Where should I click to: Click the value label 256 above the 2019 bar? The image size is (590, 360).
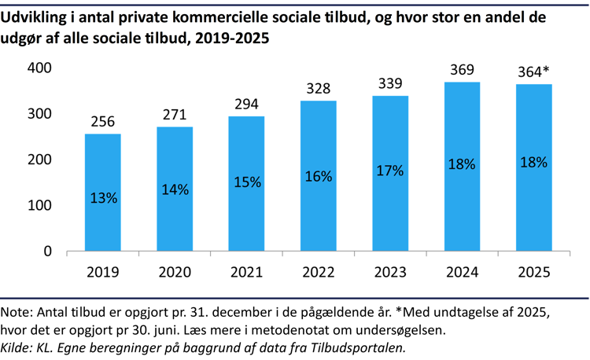[x=102, y=122]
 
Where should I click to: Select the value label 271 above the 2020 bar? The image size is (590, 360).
[x=175, y=115]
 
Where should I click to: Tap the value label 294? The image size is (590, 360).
[x=246, y=104]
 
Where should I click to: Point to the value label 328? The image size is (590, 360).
[x=318, y=88]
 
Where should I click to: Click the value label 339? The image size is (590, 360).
[x=389, y=83]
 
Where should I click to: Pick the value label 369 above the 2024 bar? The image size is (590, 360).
[x=462, y=70]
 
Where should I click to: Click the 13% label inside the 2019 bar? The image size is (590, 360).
[x=102, y=198]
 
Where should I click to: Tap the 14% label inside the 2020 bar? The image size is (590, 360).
[x=175, y=189]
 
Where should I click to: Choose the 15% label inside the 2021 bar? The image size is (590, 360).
[x=246, y=182]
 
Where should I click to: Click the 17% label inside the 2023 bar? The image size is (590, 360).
[x=389, y=170]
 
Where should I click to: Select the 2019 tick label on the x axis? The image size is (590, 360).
[x=102, y=272]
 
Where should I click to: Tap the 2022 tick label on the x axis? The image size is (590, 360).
[x=318, y=272]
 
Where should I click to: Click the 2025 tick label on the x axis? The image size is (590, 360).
[x=533, y=272]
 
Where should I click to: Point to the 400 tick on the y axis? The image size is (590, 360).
[x=39, y=68]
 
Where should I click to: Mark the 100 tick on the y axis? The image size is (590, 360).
[x=39, y=206]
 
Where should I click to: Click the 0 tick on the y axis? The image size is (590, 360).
[x=47, y=252]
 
